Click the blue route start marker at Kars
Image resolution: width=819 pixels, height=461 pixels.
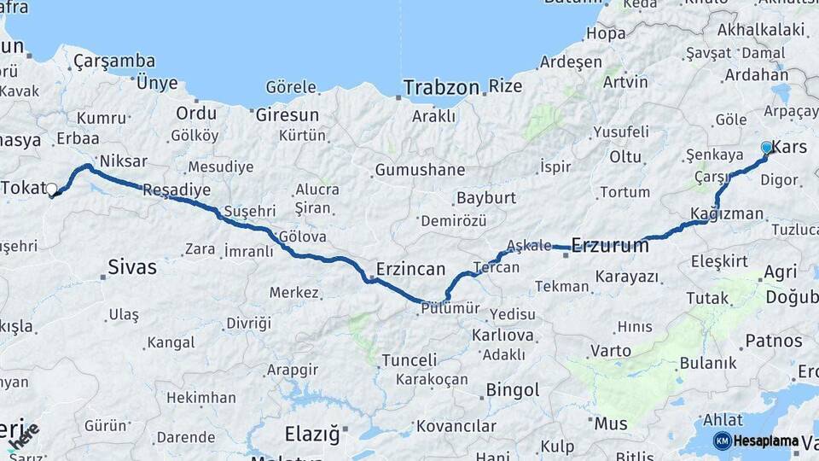point(766,148)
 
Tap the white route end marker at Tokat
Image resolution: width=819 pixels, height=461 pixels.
point(52,189)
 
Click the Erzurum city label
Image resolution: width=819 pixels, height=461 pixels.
point(610,246)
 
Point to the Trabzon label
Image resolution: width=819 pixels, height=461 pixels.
point(441,87)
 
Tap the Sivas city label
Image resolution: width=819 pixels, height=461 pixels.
point(132,267)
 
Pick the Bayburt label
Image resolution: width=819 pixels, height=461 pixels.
point(486,198)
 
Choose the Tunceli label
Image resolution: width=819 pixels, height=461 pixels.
point(409,360)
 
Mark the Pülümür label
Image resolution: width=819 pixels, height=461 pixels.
point(450,309)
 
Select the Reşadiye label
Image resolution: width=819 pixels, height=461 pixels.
point(177,190)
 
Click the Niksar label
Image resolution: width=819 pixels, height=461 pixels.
point(124,160)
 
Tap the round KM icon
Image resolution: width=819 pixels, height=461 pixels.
point(723,441)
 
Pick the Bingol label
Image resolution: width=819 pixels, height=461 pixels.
point(512,391)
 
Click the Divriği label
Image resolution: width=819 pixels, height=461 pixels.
point(248,324)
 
